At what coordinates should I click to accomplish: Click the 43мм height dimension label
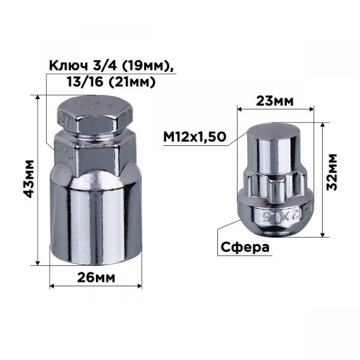(x=29, y=179)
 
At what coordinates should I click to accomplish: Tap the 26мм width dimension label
(x=96, y=278)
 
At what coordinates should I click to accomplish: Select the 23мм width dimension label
(x=275, y=101)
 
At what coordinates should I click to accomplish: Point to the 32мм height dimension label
(x=332, y=172)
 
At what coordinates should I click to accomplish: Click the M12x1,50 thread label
(x=194, y=137)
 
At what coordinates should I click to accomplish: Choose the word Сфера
(x=245, y=247)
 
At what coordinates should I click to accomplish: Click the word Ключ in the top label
(x=68, y=66)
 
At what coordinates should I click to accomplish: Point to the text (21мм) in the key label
(x=131, y=82)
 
